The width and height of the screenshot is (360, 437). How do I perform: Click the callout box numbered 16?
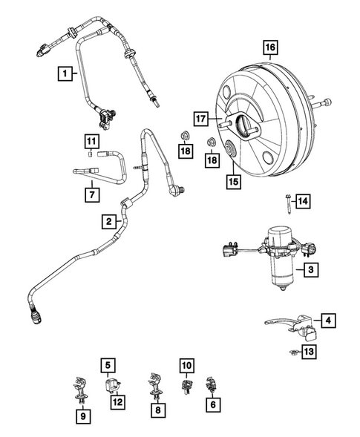pos(269,49)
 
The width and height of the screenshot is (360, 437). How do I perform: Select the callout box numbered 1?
pos(67,73)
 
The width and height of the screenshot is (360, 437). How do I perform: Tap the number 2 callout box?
pos(109,221)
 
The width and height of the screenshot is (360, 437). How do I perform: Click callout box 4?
pos(328,321)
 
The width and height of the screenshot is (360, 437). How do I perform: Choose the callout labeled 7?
pos(91,195)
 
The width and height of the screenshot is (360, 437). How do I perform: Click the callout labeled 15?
pos(232,178)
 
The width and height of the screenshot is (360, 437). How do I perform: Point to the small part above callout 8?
pos(157,384)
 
